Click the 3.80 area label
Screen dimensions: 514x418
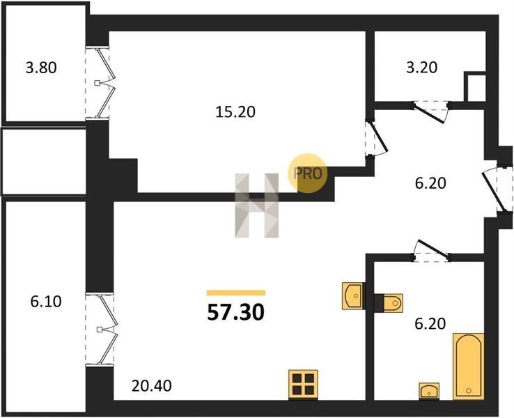[41, 68]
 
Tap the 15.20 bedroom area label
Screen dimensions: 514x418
[235, 112]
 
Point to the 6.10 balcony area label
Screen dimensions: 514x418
[46, 302]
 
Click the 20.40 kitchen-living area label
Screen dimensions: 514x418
[151, 386]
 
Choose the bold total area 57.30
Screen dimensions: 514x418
[235, 312]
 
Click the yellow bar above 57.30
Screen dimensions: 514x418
[235, 293]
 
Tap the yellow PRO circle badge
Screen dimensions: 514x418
[307, 173]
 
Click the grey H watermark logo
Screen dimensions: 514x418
[257, 206]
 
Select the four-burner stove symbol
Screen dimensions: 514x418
[303, 385]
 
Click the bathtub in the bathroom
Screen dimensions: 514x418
[469, 366]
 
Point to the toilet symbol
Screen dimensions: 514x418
[389, 302]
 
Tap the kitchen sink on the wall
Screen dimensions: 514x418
[353, 296]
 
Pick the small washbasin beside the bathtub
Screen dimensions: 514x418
[429, 391]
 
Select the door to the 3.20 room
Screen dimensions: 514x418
[430, 111]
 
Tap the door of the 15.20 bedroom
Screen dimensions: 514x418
[376, 138]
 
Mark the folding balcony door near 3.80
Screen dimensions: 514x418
[100, 83]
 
